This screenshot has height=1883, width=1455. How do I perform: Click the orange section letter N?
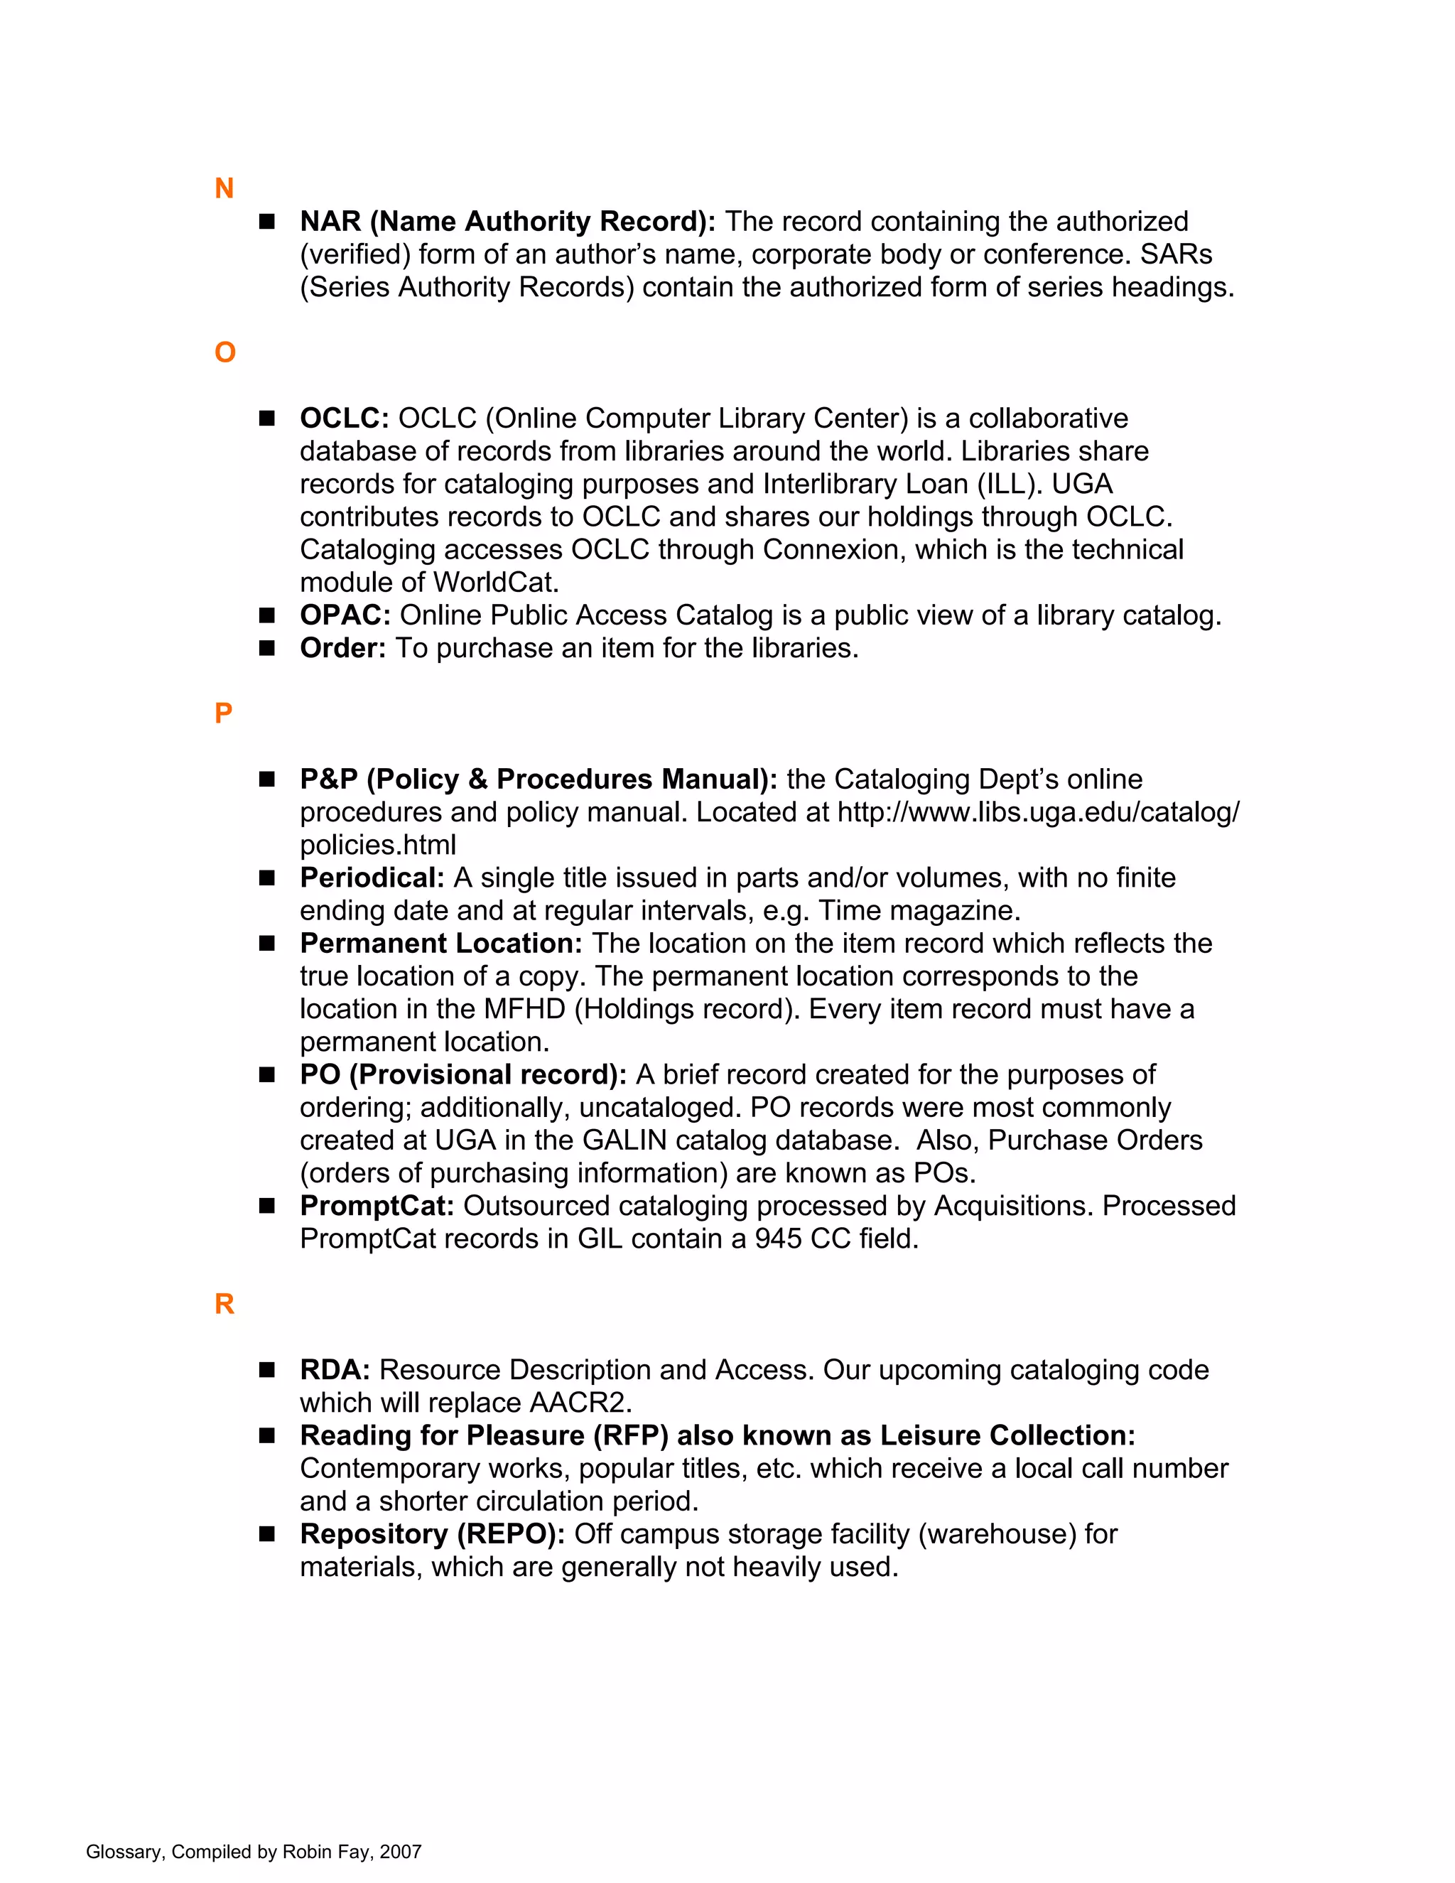pos(224,188)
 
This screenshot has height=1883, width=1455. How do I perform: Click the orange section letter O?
pos(225,352)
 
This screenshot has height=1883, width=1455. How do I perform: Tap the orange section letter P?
pos(223,713)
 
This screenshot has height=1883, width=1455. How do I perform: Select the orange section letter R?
pos(224,1304)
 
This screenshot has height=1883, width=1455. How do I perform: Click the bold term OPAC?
pos(345,615)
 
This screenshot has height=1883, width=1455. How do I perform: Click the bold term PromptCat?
pos(377,1205)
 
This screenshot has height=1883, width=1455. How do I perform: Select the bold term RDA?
pos(335,1369)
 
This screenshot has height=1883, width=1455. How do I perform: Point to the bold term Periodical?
pos(372,878)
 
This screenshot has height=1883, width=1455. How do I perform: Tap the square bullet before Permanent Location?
pos(267,943)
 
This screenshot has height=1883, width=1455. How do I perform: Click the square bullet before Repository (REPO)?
pos(267,1534)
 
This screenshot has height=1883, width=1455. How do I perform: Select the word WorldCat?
pos(496,582)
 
